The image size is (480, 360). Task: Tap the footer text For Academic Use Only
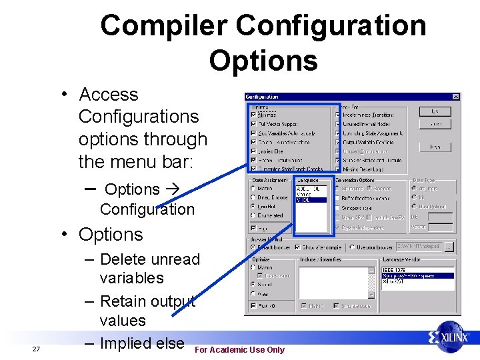pos(239,350)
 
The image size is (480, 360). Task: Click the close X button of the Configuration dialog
pos(456,97)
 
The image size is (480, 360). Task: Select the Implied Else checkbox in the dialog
pos(253,151)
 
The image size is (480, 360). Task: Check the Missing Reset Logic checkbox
pos(339,169)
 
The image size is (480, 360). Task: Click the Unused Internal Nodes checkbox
pos(339,124)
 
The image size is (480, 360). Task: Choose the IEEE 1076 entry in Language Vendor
pos(393,269)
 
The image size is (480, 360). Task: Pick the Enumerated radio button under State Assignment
pos(253,215)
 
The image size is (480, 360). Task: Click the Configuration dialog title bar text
pos(263,97)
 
